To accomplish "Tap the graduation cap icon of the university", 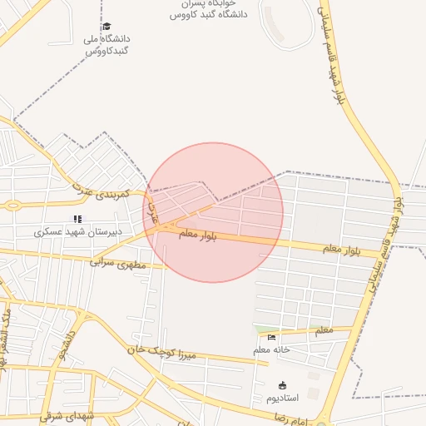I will pos(106,27).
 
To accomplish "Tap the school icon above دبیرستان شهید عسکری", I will pos(77,219).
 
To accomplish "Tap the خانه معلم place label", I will pos(271,349).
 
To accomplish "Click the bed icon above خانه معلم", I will pos(271,337).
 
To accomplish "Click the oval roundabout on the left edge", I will pos(12,205).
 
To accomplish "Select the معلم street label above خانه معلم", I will pos(323,331).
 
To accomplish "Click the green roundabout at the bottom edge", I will pos(322,423).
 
